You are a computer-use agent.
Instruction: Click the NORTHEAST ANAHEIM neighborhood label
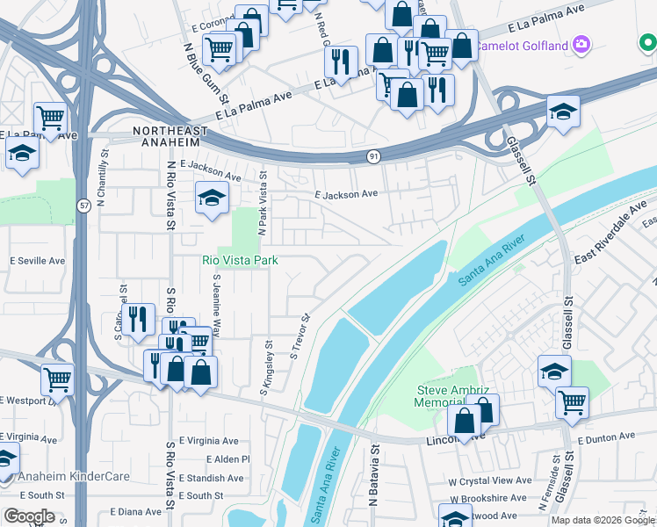coord(170,131)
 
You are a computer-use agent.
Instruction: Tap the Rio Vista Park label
coord(240,260)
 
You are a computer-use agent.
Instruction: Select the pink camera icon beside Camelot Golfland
coord(581,43)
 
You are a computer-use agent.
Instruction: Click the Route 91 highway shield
coord(373,155)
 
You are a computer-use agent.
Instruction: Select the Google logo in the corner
coord(29,516)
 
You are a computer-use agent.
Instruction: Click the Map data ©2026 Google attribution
coord(603,520)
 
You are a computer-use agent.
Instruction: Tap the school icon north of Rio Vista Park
coord(212,199)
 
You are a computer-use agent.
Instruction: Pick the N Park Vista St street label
coord(262,203)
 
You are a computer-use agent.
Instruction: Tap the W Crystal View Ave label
coord(490,480)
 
